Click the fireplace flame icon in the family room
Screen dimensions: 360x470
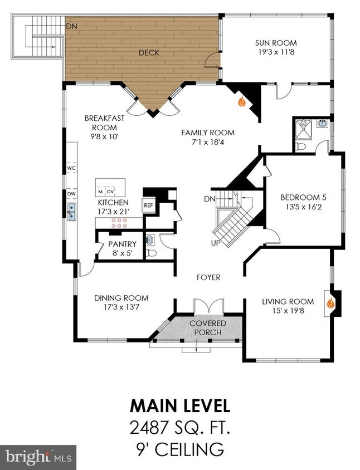click(242, 102)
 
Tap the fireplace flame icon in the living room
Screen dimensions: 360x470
click(330, 303)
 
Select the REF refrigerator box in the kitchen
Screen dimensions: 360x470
click(148, 205)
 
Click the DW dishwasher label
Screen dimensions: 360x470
click(71, 194)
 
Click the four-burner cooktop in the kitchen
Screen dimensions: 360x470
click(119, 222)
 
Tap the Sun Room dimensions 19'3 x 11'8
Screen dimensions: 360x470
click(276, 52)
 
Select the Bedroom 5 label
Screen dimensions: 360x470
click(303, 198)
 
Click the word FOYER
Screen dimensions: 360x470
click(208, 277)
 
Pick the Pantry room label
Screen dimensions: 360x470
click(123, 244)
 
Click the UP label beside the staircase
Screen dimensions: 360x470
click(216, 243)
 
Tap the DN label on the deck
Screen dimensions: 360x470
click(72, 26)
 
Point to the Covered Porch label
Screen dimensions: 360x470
click(208, 327)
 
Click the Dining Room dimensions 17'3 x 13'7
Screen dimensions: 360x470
click(121, 307)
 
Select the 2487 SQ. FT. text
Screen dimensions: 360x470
click(180, 428)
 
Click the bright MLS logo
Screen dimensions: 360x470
click(38, 457)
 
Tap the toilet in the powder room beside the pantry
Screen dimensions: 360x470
click(152, 253)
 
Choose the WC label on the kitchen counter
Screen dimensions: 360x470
click(71, 168)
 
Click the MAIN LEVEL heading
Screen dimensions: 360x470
click(180, 406)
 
